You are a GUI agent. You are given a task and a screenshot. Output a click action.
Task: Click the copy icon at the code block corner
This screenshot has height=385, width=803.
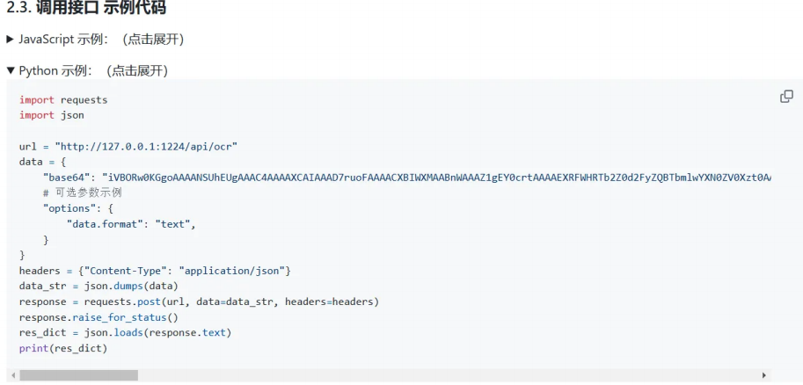tap(786, 97)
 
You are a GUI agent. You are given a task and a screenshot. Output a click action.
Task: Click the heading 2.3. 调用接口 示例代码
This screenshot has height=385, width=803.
tap(86, 10)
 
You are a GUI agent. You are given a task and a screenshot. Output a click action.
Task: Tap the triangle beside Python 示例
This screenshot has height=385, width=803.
tap(11, 70)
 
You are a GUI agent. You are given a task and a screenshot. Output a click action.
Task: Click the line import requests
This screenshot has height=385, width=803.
tap(63, 100)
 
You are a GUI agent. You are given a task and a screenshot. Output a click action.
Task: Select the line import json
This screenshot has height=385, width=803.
tap(52, 115)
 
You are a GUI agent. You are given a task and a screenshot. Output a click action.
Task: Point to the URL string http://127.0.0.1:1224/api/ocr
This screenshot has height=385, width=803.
tap(146, 146)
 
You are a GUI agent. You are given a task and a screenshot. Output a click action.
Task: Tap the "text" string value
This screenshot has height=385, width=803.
tap(172, 224)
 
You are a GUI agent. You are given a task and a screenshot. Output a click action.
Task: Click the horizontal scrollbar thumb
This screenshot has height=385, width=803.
tap(78, 375)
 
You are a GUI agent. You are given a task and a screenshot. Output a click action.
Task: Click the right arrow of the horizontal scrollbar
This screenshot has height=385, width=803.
tap(764, 375)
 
